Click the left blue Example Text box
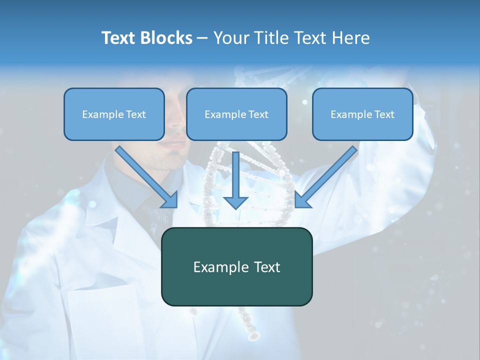tap(114, 114)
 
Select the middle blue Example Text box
tap(236, 114)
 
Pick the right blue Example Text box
tap(362, 114)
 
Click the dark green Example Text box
tap(236, 267)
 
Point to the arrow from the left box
tap(147, 177)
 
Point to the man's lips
tap(173, 144)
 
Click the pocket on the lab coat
tap(100, 320)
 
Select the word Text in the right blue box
tap(384, 114)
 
